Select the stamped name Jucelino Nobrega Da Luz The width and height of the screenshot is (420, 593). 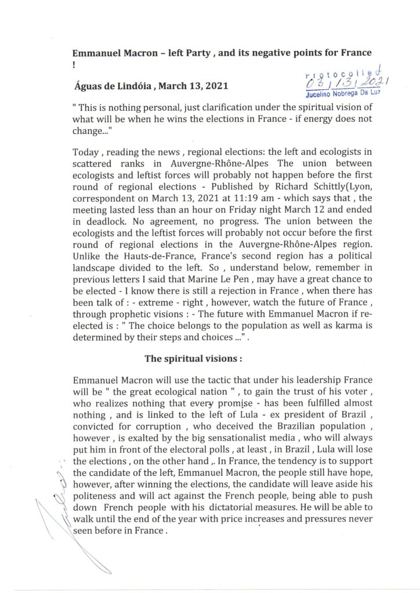[339, 96]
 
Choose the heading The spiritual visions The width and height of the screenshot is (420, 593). [193, 358]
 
